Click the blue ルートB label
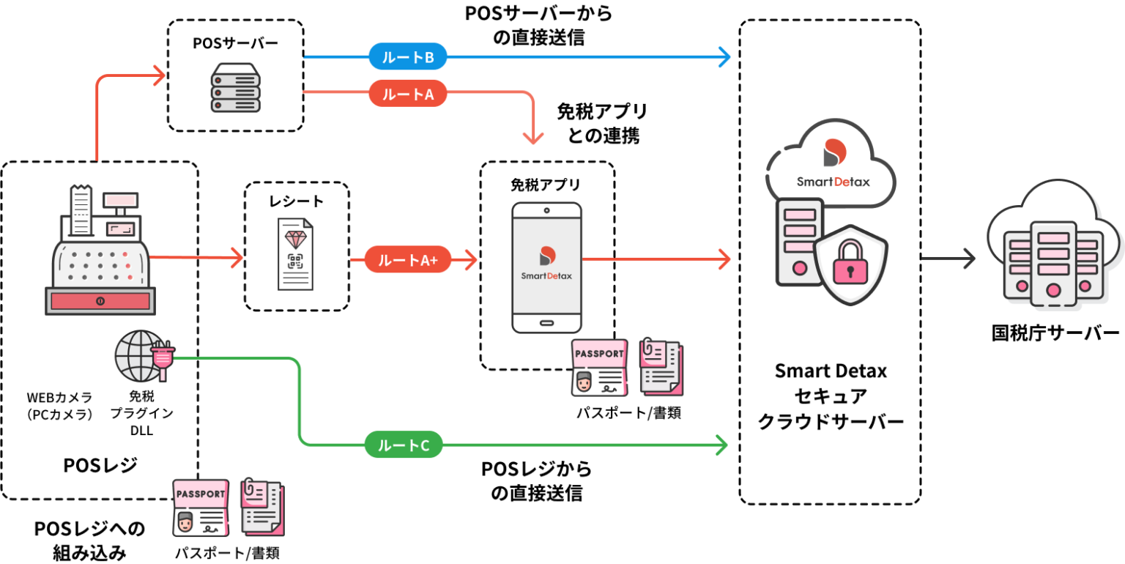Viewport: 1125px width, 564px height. pyautogui.click(x=408, y=57)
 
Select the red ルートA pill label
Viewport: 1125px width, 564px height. pyautogui.click(x=408, y=93)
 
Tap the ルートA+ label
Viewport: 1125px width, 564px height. pyautogui.click(x=408, y=259)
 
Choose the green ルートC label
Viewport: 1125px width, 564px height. pyautogui.click(x=404, y=445)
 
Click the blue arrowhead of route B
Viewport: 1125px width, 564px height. pyautogui.click(x=724, y=57)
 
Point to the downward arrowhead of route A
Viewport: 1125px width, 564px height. pyautogui.click(x=533, y=136)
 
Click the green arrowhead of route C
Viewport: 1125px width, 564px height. pyautogui.click(x=721, y=445)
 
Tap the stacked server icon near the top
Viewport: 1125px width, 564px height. pyautogui.click(x=235, y=87)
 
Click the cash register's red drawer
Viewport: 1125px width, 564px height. pyautogui.click(x=100, y=300)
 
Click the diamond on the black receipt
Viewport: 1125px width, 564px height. pyautogui.click(x=296, y=239)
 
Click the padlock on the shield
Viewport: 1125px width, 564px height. pyautogui.click(x=850, y=265)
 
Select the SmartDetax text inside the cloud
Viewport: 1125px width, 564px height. pyautogui.click(x=833, y=181)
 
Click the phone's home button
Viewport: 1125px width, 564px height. pyautogui.click(x=546, y=322)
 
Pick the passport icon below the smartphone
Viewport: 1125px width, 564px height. pyautogui.click(x=599, y=368)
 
